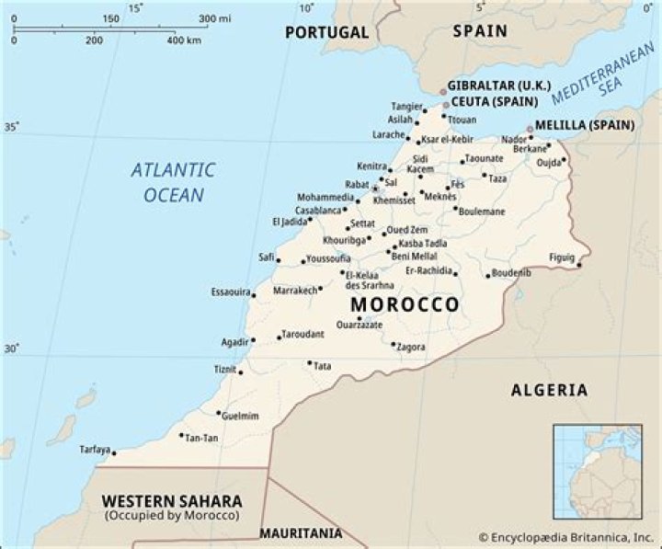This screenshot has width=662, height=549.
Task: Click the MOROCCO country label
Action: [x=405, y=304]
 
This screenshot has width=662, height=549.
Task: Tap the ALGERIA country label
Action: [x=549, y=390]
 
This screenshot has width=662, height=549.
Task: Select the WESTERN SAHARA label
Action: [x=172, y=501]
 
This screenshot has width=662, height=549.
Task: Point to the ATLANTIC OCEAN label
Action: [x=172, y=181]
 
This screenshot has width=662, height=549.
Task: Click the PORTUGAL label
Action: [x=326, y=32]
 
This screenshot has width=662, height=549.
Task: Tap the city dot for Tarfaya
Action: [x=113, y=452]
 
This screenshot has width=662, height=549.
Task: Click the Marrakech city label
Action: [x=294, y=291]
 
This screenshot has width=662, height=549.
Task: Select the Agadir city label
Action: [x=234, y=341]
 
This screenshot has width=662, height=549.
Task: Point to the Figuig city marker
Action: [x=579, y=266]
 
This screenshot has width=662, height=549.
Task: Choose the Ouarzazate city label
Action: [x=360, y=325]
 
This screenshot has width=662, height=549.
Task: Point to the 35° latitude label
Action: [x=10, y=127]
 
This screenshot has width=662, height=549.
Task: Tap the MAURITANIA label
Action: [x=300, y=533]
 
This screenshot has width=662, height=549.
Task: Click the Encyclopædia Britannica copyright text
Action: [x=565, y=534]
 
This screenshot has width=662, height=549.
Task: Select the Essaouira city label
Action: [x=232, y=292]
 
